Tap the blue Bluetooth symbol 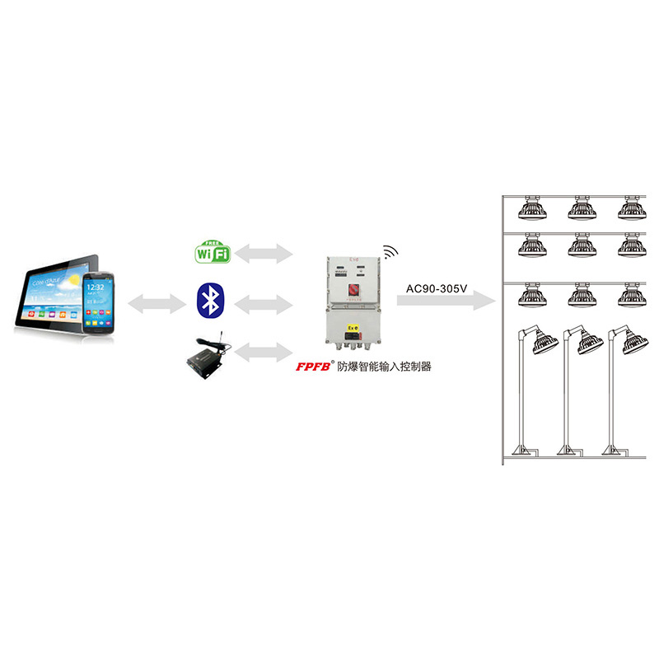coord(211,301)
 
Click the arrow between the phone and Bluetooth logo coord(157,302)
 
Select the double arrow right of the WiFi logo coord(264,253)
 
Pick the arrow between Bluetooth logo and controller coord(264,304)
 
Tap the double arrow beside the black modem coord(264,353)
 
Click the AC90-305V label coord(437,289)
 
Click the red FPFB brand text coord(313,368)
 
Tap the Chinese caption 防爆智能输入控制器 coord(384,368)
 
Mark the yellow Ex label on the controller coord(353,327)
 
